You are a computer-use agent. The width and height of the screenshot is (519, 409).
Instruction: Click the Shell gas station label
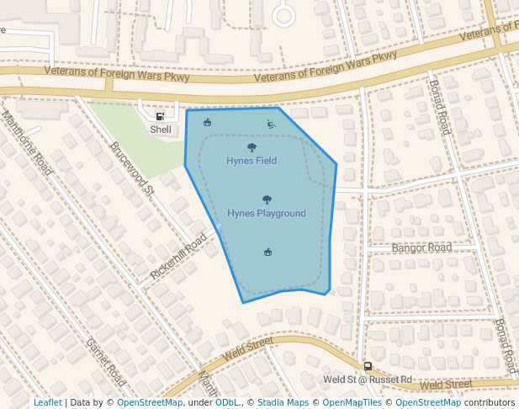tap(161, 130)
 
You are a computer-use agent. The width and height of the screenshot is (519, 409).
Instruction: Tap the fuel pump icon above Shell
tap(161, 116)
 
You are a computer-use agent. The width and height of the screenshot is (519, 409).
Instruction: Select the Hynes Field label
tap(252, 160)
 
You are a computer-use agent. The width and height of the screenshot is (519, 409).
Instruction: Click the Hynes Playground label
tap(267, 213)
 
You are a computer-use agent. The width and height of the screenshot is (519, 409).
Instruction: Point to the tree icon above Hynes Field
tap(252, 147)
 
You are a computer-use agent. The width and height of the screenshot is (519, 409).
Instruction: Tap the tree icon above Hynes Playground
tap(267, 199)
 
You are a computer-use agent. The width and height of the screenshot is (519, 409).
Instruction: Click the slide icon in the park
tap(271, 125)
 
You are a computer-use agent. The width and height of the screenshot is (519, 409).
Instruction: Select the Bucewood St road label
tap(132, 167)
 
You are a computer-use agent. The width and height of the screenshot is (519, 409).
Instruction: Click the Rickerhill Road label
tap(178, 258)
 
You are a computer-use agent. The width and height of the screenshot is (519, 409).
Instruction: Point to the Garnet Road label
tap(106, 363)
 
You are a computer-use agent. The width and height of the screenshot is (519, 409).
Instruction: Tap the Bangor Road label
tap(421, 247)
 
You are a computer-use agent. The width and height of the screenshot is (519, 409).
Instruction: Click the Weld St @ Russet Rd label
tap(368, 380)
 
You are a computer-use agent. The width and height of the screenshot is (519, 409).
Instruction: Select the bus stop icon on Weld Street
tap(368, 366)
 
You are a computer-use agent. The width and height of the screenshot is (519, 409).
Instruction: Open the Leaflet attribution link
tap(48, 402)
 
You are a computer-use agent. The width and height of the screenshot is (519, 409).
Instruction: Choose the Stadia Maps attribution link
tap(283, 402)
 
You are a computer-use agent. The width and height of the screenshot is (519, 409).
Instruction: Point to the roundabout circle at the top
tap(283, 14)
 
